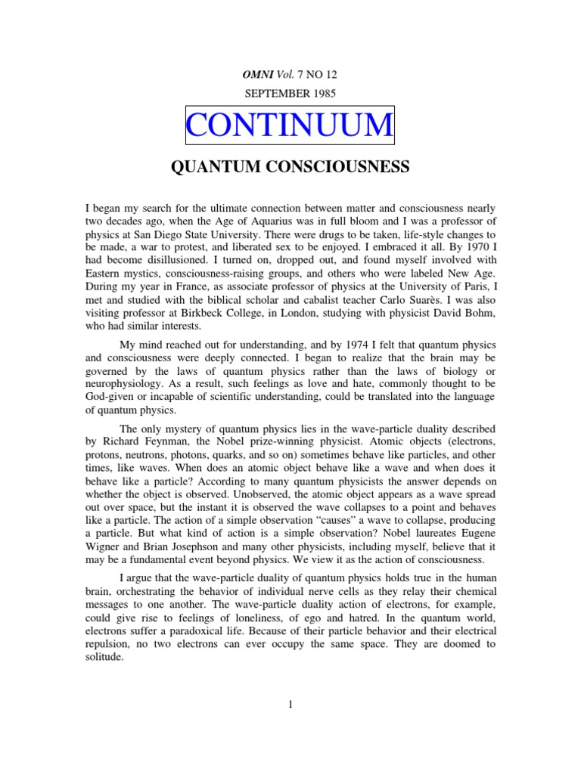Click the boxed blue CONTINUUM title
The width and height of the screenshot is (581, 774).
coord(290,125)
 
